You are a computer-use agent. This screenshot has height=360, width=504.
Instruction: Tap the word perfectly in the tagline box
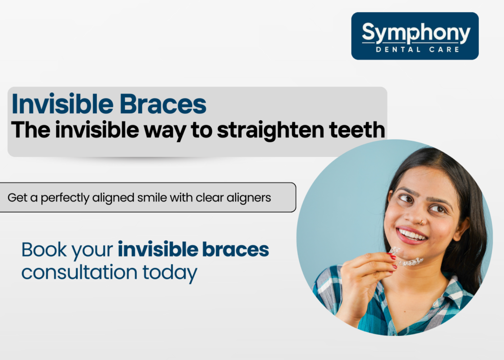63,198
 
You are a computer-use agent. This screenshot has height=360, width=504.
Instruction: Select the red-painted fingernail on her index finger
392,257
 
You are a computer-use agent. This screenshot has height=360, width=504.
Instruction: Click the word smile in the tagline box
154,198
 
